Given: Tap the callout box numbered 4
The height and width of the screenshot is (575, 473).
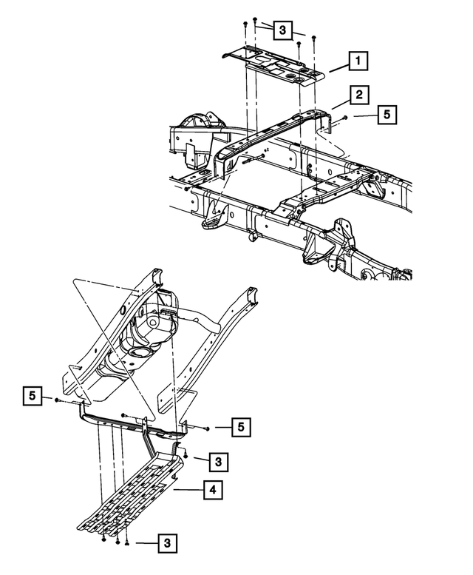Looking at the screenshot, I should click(x=211, y=489).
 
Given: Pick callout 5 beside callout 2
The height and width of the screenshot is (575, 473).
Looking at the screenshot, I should click(x=387, y=115).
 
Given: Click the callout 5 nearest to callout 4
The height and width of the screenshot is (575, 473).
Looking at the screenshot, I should click(x=240, y=428).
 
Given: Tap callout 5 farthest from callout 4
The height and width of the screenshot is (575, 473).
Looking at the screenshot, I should click(x=387, y=115).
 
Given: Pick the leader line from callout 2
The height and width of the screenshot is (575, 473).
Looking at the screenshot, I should click(x=339, y=101).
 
